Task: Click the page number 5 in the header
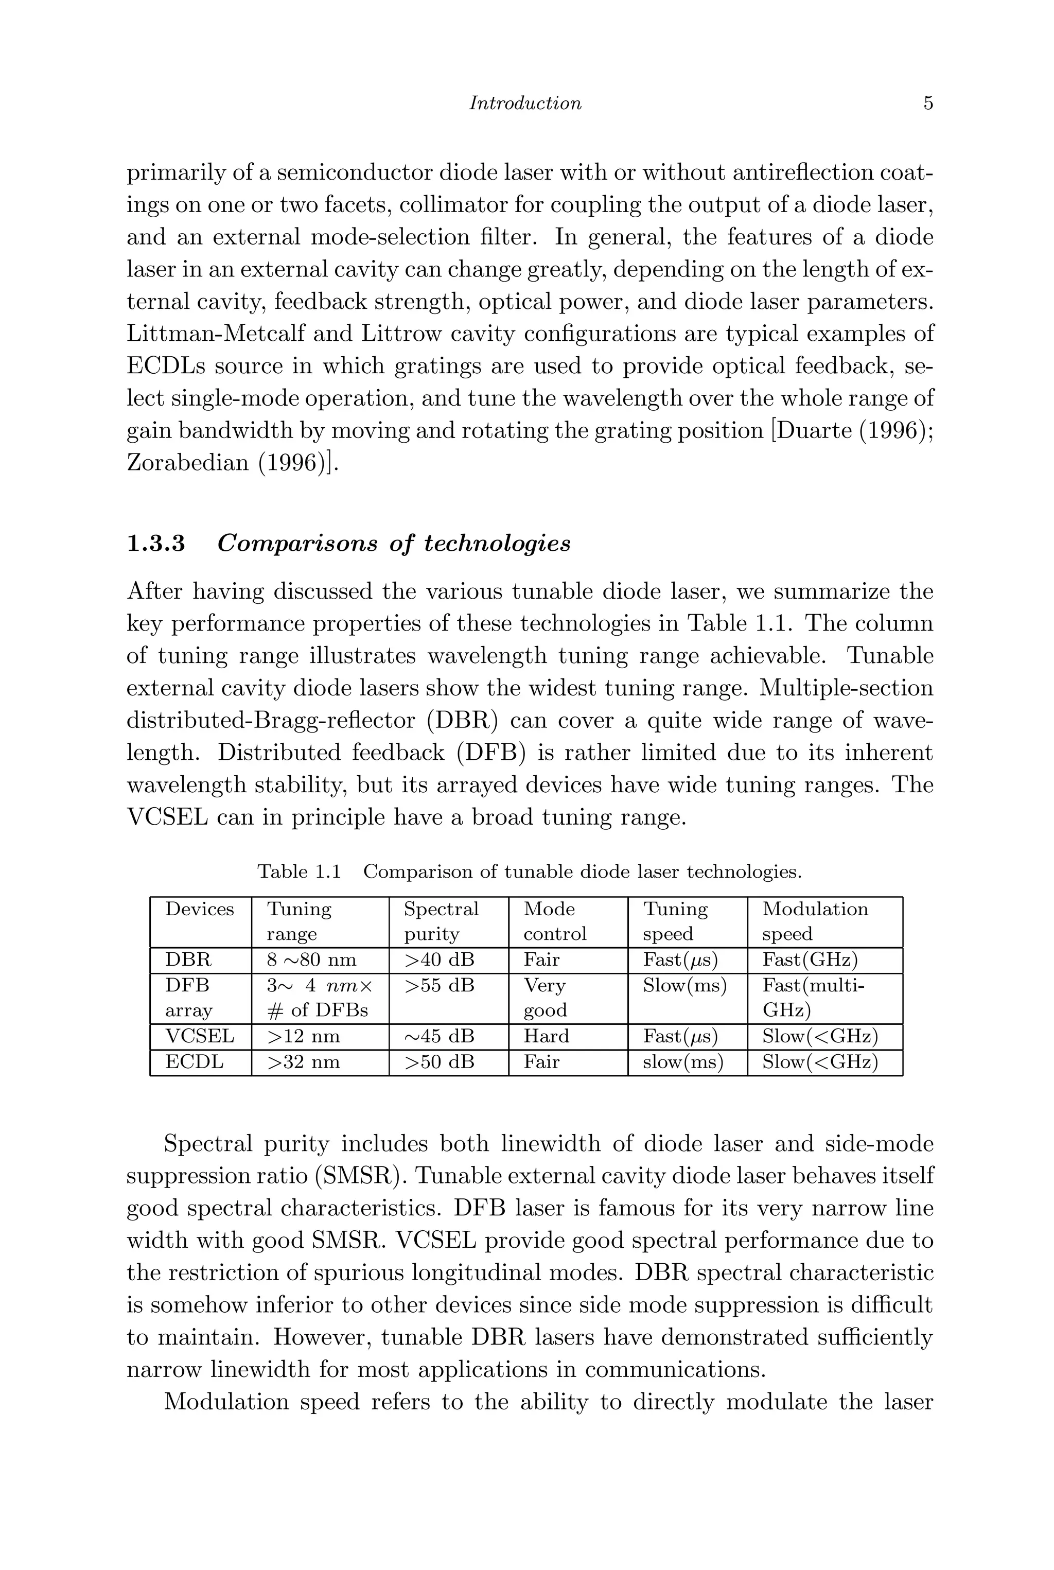pos(927,103)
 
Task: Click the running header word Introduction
pos(525,103)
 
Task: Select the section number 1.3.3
pos(156,543)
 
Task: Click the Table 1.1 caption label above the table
pos(299,872)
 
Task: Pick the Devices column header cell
pos(200,910)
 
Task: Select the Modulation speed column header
pos(815,921)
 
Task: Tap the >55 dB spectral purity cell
pos(438,986)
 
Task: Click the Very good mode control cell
pos(545,998)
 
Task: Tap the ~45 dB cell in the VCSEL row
pos(438,1036)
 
